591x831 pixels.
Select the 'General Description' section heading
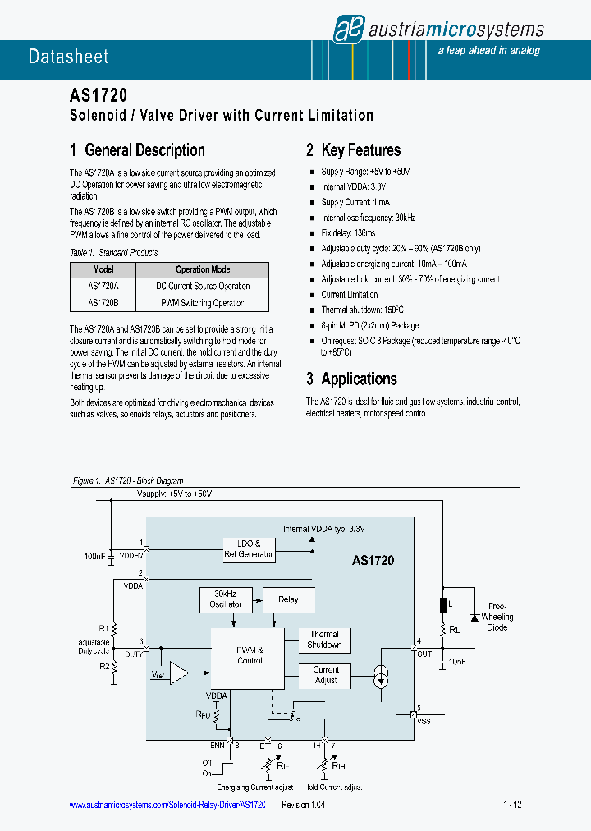click(137, 150)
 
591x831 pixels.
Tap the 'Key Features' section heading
click(353, 150)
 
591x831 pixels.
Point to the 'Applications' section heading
click(351, 379)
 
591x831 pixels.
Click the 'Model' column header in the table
click(103, 269)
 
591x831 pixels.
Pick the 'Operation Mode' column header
click(203, 269)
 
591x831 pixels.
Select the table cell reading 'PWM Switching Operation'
click(203, 303)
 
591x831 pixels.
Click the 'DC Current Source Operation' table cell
click(203, 287)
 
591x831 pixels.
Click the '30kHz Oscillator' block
click(225, 599)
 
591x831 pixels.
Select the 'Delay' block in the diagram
click(288, 599)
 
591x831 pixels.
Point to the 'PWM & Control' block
click(250, 654)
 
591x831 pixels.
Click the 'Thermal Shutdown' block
click(324, 640)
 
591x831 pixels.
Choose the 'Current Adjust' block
click(326, 675)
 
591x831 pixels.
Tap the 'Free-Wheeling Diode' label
click(497, 617)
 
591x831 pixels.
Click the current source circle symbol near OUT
click(380, 677)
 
